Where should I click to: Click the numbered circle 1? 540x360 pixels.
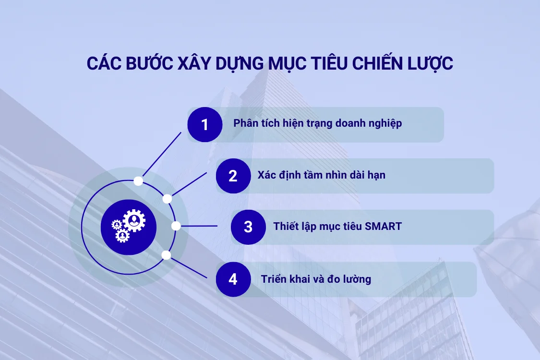click(205, 125)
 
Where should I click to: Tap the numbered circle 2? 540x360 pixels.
click(233, 176)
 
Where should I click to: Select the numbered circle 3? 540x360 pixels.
click(248, 227)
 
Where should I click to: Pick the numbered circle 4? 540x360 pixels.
click(233, 279)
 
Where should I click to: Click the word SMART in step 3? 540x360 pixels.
click(383, 226)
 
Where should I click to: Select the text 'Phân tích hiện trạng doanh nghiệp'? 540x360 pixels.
click(317, 123)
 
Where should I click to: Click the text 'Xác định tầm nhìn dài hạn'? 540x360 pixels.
click(321, 175)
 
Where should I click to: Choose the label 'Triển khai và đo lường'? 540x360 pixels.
click(316, 279)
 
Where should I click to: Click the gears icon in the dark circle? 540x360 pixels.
click(129, 227)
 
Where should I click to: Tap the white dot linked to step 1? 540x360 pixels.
click(138, 181)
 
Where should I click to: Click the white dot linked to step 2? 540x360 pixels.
click(168, 199)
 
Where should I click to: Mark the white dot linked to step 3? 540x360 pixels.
click(176, 226)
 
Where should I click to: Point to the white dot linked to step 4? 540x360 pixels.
click(167, 255)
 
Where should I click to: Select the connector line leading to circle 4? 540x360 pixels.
click(189, 267)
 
